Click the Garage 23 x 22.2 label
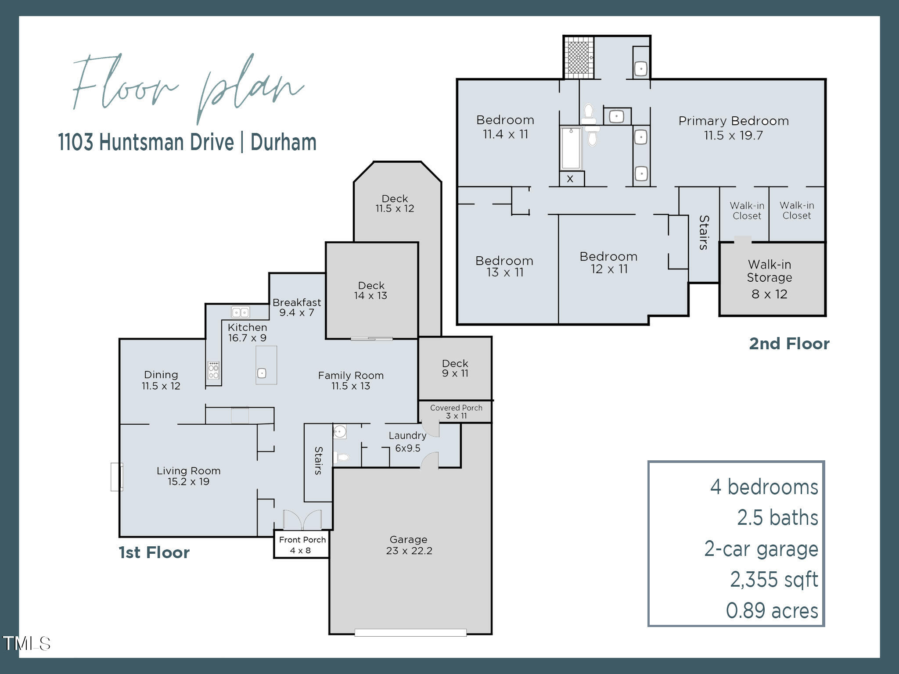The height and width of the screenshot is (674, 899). tap(409, 545)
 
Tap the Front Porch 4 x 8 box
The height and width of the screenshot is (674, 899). tap(302, 545)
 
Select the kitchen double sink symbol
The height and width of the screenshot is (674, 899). tap(241, 312)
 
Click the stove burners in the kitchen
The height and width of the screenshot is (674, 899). tap(214, 370)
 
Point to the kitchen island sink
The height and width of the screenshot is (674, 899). tap(262, 373)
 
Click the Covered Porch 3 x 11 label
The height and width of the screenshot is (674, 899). tap(456, 412)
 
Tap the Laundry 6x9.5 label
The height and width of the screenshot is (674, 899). tap(407, 441)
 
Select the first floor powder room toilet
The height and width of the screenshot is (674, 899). tap(341, 458)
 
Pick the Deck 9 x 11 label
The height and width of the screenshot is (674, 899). tap(455, 368)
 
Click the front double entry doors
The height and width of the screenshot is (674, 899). tap(302, 520)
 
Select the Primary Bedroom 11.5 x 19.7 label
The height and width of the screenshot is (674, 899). tap(733, 128)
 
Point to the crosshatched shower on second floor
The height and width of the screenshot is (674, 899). tap(579, 57)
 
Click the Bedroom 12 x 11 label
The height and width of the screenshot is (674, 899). tap(608, 262)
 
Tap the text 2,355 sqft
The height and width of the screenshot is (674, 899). tap(773, 580)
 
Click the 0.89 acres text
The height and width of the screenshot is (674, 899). tap(772, 610)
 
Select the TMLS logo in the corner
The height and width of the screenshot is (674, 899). tap(26, 644)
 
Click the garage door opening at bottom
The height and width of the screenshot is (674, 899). tap(410, 633)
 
